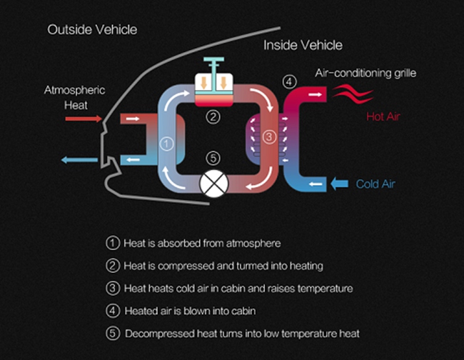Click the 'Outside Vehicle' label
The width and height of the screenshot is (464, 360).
92,30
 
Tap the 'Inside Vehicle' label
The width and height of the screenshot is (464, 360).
303,45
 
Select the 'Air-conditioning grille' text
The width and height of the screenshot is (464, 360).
364,73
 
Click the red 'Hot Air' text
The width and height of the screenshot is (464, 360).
383,116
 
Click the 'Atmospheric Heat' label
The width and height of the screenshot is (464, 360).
75,97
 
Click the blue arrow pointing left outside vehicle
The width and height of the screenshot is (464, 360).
78,160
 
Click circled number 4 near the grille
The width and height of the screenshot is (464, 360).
288,81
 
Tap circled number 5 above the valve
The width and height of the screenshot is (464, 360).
211,158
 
